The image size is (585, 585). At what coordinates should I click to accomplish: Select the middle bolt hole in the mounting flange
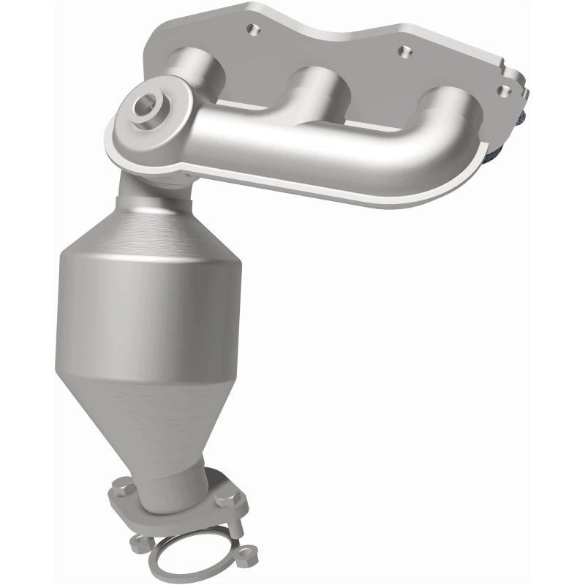coord(400,52)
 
